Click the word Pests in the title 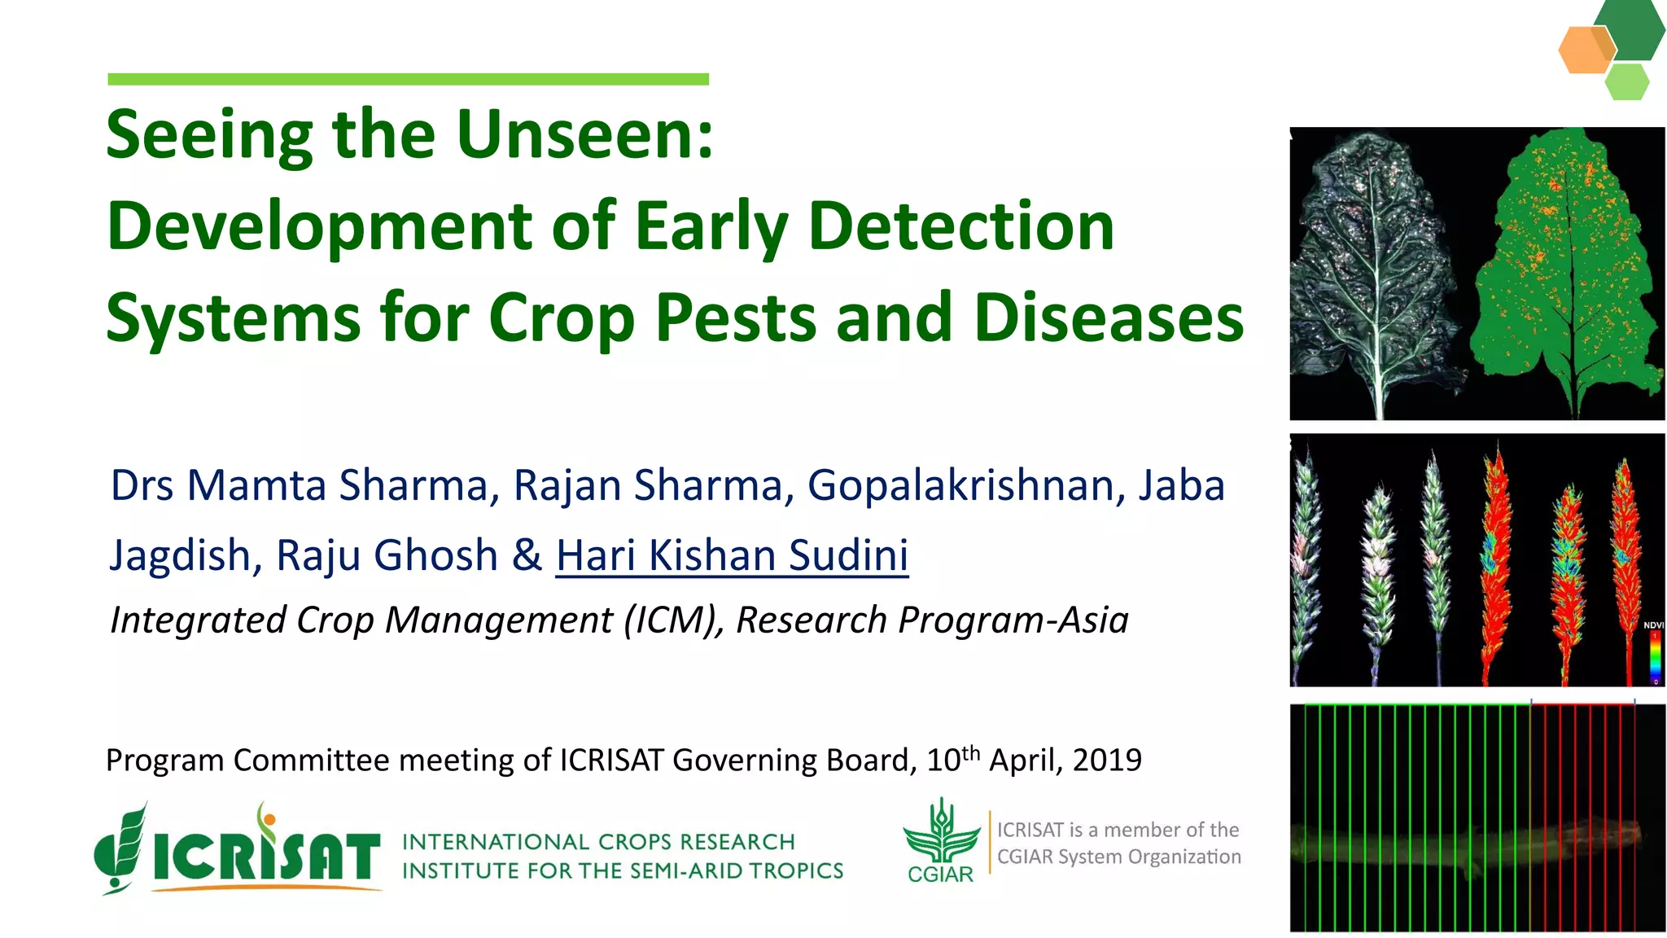coord(734,318)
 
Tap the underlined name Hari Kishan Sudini coord(732,555)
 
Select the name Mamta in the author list coord(256,486)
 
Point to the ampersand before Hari coord(527,555)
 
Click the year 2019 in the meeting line coord(1107,760)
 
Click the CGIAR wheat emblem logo coord(941,834)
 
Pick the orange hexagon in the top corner coord(1584,50)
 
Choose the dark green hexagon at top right coord(1630,28)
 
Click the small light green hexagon coord(1627,82)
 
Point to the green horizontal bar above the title coord(408,79)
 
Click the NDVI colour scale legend coord(1654,655)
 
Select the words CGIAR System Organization coord(1118,857)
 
